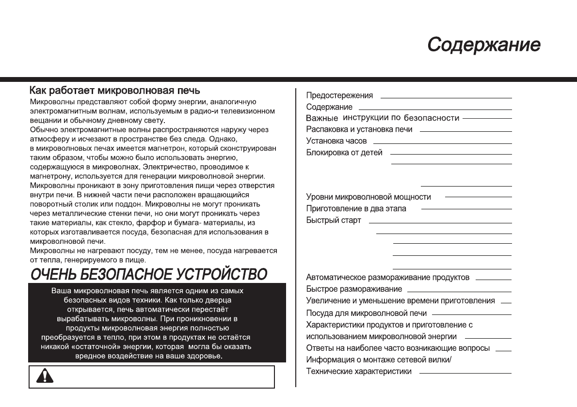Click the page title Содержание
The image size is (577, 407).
click(484, 45)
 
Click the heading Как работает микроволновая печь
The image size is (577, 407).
click(115, 91)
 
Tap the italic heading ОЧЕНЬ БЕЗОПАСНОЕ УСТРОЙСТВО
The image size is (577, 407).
click(149, 274)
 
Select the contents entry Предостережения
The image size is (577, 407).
click(339, 95)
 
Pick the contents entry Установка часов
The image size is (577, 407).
click(337, 141)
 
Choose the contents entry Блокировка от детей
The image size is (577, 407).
click(344, 153)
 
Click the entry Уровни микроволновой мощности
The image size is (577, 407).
click(369, 197)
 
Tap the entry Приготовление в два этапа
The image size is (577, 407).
click(356, 208)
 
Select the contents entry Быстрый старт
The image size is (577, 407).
click(334, 220)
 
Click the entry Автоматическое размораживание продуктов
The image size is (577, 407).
click(388, 278)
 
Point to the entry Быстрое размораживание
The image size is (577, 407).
click(354, 289)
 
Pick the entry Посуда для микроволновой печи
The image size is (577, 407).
click(366, 313)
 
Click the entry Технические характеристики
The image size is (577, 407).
click(359, 372)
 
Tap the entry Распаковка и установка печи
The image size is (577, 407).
click(359, 129)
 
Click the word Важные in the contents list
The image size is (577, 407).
click(321, 118)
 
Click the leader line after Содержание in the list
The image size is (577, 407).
click(435, 108)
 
